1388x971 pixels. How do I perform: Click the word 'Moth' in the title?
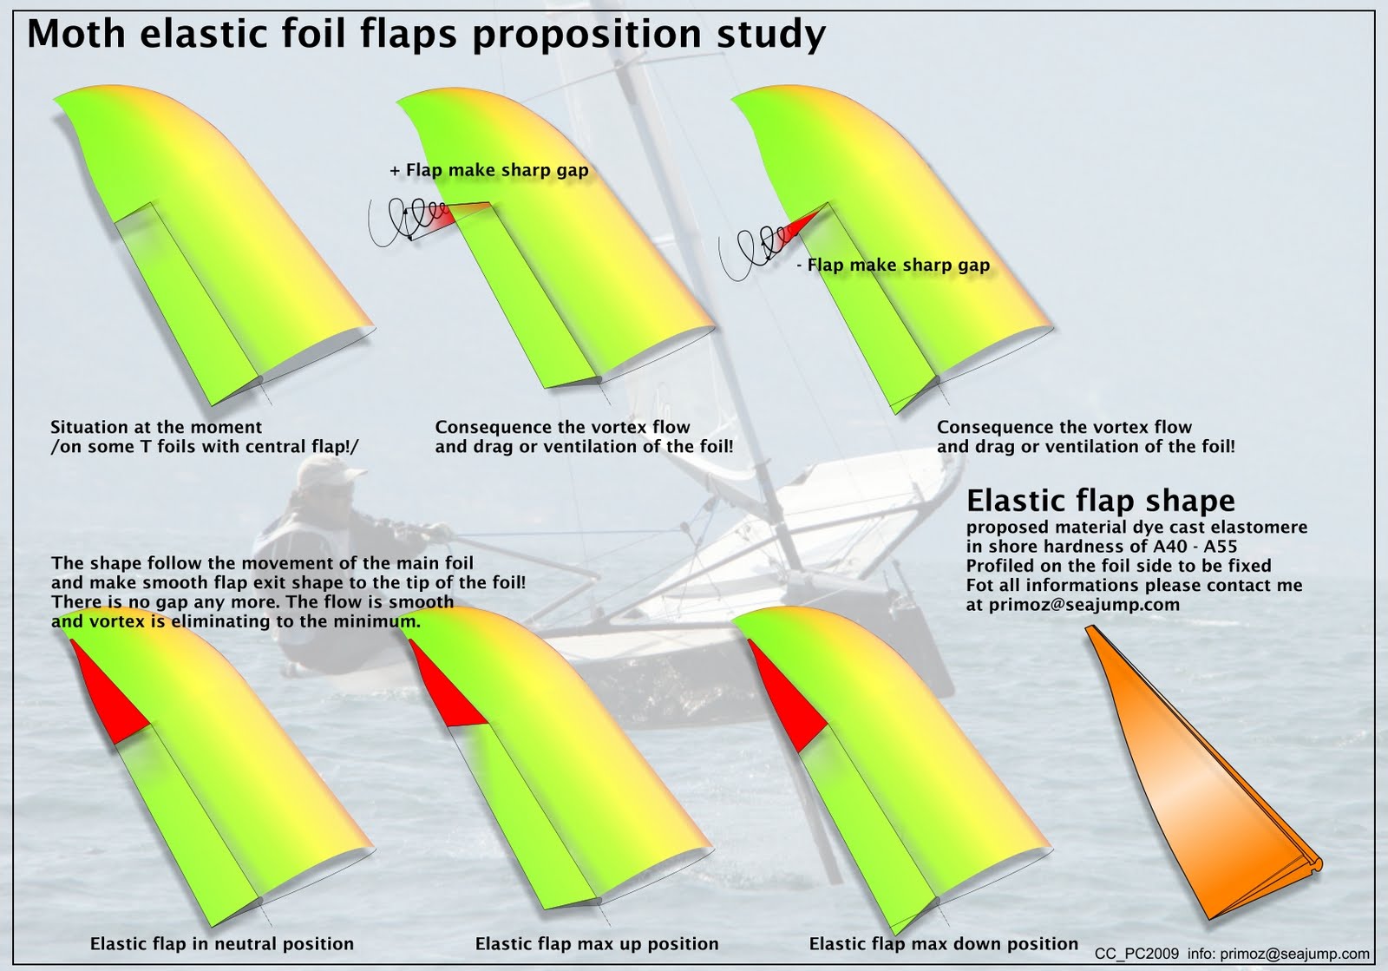click(x=76, y=35)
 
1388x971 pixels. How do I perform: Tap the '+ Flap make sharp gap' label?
click(x=488, y=171)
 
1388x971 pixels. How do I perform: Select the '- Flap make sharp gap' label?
click(x=893, y=266)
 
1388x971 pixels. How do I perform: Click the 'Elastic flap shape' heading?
click(x=1100, y=501)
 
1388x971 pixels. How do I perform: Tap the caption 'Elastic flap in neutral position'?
click(x=221, y=944)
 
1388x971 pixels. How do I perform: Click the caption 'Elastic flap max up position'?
click(x=597, y=944)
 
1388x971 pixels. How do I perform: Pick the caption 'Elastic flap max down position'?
click(x=943, y=944)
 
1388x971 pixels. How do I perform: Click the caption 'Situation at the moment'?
click(x=156, y=428)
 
